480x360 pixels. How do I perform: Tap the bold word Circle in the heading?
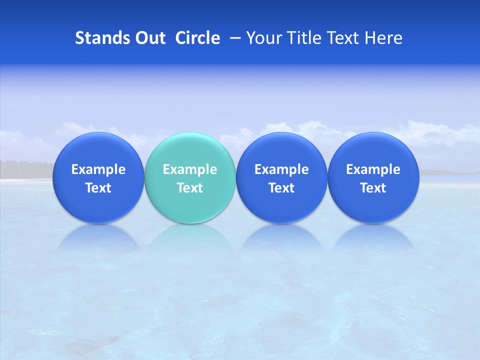click(197, 38)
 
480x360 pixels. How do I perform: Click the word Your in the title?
click(261, 38)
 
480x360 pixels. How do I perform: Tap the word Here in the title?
click(383, 38)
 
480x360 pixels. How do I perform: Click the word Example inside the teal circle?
click(190, 169)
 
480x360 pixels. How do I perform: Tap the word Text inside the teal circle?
click(190, 188)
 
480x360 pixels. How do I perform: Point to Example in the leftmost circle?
click(98, 169)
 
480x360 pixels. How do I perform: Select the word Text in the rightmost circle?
click(373, 188)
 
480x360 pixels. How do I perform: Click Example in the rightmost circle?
click(373, 169)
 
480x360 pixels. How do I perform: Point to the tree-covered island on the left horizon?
click(25, 168)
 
